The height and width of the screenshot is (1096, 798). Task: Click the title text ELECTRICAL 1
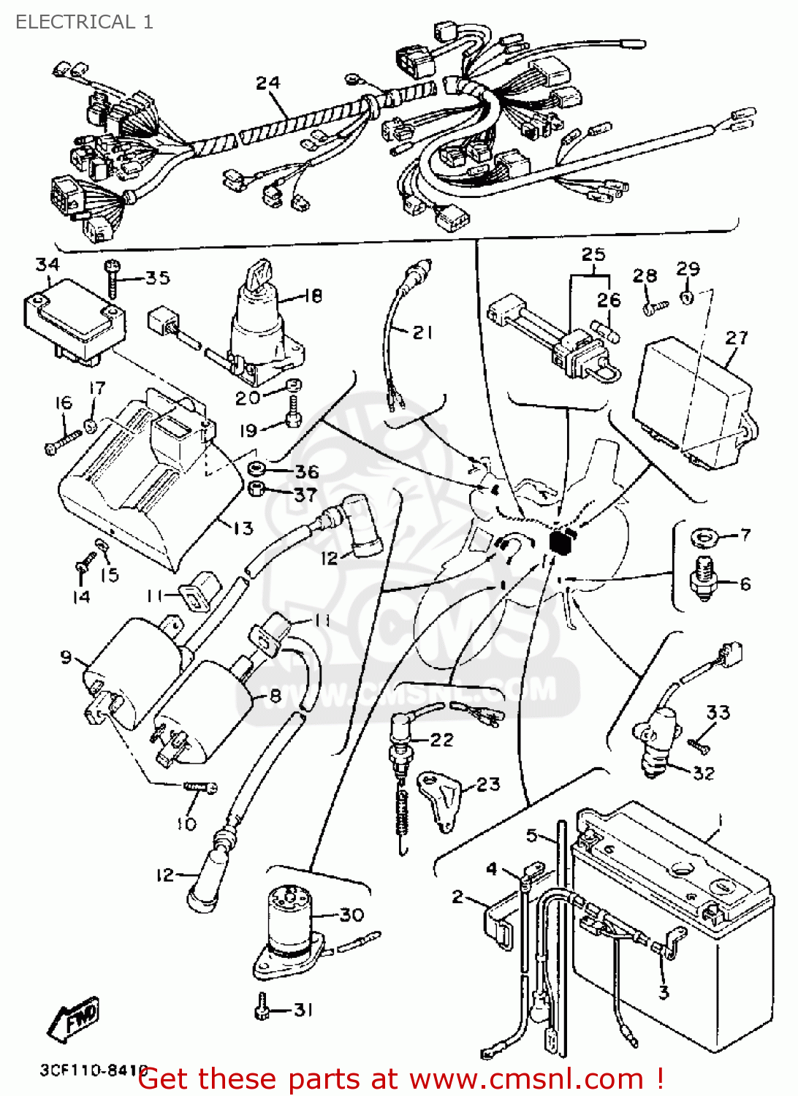84,22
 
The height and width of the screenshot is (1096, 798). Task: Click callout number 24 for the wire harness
267,83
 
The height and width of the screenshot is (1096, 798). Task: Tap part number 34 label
47,265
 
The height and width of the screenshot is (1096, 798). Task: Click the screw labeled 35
112,278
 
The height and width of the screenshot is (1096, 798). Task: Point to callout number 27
736,338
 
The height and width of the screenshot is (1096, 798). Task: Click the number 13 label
243,528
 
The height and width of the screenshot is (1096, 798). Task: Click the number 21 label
422,332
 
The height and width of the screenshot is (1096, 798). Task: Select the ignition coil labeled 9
128,665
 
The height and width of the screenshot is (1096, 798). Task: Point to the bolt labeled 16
62,441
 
